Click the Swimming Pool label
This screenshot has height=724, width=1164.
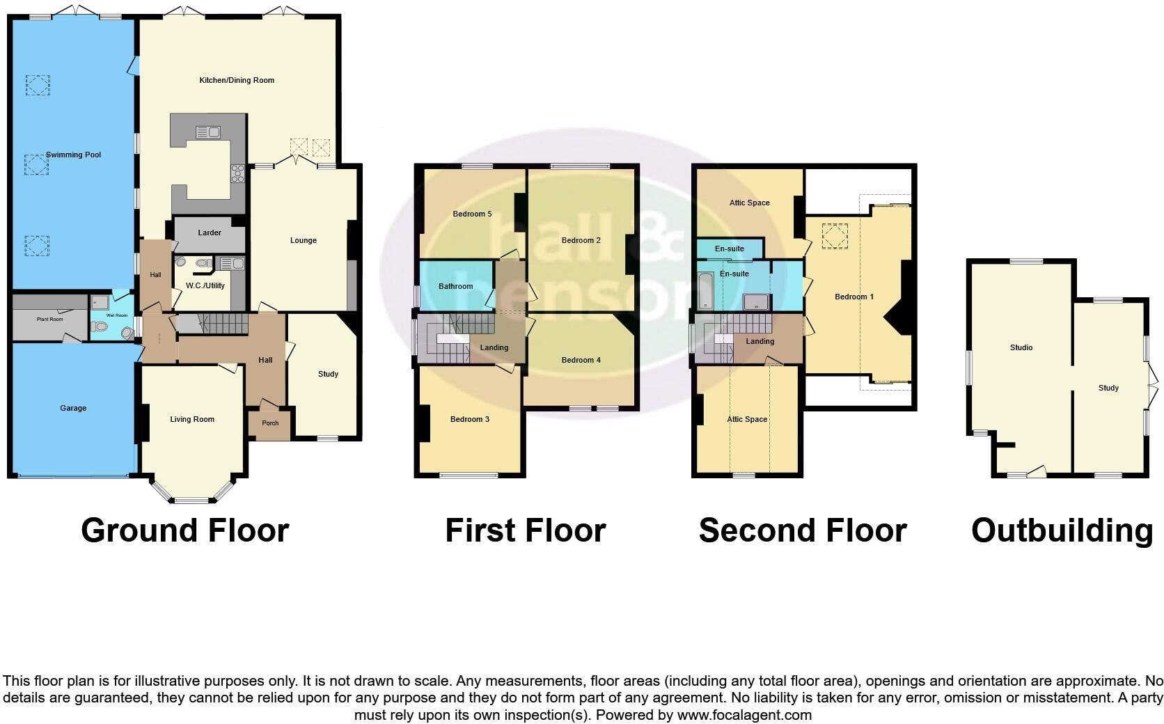(x=73, y=155)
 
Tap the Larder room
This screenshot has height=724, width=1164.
(x=209, y=233)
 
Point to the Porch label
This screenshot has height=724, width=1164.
(x=270, y=423)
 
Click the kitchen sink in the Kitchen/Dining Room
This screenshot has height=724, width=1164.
(x=208, y=132)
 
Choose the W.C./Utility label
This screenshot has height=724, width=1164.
(x=205, y=285)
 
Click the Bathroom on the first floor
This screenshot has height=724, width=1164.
(x=455, y=286)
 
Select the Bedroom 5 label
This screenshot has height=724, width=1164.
(x=472, y=214)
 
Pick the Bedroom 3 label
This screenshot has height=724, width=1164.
(x=469, y=419)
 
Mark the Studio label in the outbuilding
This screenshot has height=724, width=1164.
(x=1021, y=347)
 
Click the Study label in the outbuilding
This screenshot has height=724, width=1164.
(x=1108, y=388)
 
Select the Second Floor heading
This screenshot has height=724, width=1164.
(x=802, y=530)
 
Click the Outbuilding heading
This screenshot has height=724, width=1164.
(x=1062, y=530)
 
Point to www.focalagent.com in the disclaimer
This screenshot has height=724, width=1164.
(x=744, y=715)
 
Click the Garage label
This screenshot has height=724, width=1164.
(x=72, y=408)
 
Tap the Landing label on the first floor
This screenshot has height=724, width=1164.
(x=494, y=347)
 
